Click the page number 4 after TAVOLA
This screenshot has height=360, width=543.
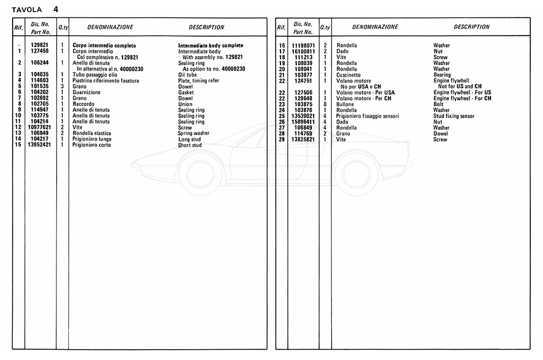point(56,9)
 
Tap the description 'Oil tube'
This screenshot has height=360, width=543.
point(189,74)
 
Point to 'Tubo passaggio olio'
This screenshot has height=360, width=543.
point(95,74)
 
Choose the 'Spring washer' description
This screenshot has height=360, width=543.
point(194,133)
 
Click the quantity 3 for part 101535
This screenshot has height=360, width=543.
point(62,86)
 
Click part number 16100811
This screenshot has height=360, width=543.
point(303,52)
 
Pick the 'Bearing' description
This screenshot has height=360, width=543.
point(442,75)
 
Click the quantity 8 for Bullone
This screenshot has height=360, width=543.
point(325,104)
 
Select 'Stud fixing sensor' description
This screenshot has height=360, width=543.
point(454,116)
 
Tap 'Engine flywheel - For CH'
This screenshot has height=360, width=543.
point(462,98)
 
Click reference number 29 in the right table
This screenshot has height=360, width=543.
point(281,139)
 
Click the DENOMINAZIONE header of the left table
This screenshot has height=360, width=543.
point(110,27)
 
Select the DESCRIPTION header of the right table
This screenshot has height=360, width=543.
point(471,27)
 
